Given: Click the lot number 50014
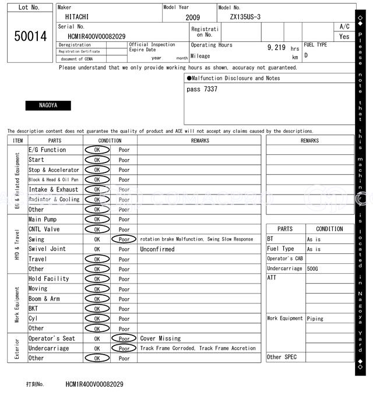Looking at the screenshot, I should tap(30, 36).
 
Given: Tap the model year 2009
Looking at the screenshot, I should tap(192, 17).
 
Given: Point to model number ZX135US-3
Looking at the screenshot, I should tap(249, 17).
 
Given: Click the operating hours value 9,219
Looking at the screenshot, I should tap(276, 47).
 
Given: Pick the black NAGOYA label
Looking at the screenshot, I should tap(48, 105).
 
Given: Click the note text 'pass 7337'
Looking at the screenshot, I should tap(202, 89).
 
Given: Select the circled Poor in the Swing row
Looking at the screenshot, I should tap(124, 239).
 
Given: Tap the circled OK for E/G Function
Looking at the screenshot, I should tap(97, 150).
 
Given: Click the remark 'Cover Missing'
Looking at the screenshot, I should tap(160, 338).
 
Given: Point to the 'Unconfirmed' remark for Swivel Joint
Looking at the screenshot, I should tap(157, 249).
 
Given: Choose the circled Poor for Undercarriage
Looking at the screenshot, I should tap(124, 348).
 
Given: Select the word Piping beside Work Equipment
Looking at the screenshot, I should tap(316, 319).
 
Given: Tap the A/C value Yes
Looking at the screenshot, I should tap(344, 36).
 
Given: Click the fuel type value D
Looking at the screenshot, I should tap(306, 55).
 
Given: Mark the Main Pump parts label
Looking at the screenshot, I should tap(43, 220).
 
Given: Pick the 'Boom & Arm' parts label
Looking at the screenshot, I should tap(44, 299).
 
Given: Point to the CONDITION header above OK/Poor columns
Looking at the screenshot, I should tap(110, 140).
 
